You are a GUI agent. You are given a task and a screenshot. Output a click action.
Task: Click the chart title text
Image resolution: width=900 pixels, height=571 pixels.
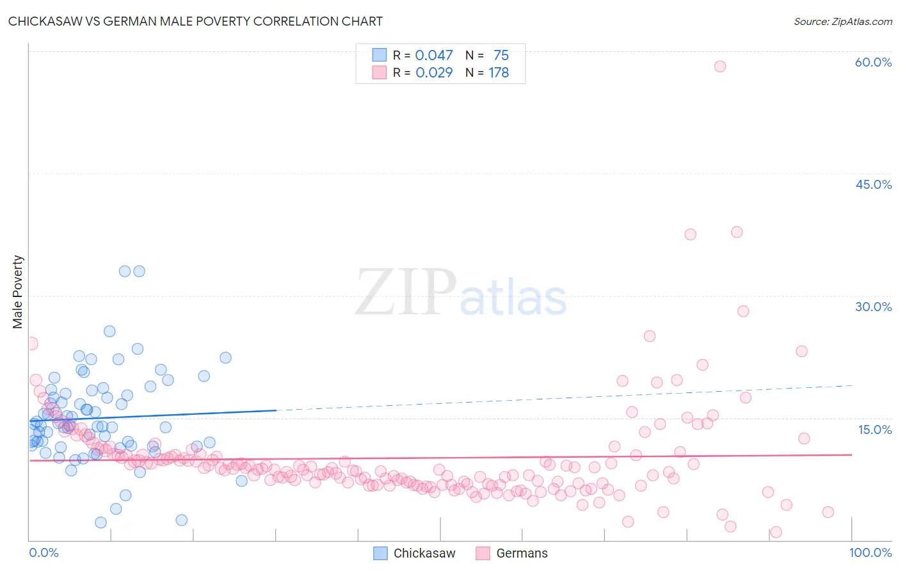[195, 21]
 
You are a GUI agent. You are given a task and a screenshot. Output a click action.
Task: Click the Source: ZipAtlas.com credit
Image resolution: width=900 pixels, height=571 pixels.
[842, 21]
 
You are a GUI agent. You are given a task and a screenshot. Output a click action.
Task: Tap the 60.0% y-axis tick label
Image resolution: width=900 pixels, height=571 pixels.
[873, 62]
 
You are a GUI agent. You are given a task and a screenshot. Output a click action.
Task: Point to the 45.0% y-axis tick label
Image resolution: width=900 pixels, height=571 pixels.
[873, 184]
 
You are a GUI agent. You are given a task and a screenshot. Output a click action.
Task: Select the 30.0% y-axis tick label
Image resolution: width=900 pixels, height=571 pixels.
[873, 307]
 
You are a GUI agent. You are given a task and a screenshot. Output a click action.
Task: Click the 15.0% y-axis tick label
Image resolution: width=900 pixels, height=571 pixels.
[874, 429]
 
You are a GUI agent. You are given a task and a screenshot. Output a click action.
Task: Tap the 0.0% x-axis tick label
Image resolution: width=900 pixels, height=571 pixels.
[44, 552]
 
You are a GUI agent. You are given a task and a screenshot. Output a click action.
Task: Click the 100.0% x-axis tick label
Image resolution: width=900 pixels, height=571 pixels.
[870, 552]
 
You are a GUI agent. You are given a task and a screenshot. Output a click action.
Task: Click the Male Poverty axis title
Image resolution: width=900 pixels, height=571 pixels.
[18, 292]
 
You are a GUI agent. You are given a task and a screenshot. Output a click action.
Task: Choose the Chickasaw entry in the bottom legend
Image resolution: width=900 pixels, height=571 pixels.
[424, 553]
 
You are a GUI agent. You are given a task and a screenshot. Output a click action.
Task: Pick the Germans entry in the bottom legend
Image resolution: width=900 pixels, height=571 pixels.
[522, 553]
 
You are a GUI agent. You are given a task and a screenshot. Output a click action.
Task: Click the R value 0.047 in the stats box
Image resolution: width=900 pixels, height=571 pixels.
[434, 55]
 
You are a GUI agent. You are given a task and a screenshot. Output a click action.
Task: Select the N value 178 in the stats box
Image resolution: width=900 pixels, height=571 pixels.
[499, 72]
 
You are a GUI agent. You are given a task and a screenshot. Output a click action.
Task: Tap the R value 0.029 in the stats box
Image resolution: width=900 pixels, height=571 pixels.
[434, 72]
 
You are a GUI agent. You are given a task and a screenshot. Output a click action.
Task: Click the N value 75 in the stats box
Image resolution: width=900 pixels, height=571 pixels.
[501, 55]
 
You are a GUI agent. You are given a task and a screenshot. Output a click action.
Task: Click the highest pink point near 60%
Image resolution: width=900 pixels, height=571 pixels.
[719, 67]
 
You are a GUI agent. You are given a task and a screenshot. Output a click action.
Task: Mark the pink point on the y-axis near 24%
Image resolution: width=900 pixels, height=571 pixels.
[31, 344]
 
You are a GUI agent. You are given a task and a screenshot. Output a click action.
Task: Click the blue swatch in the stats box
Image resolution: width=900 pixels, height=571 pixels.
[380, 55]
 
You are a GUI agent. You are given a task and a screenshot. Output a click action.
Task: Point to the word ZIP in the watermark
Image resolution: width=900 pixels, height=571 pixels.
[405, 293]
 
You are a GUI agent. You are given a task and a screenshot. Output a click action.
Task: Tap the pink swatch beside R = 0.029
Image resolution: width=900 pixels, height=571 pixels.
[380, 72]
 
